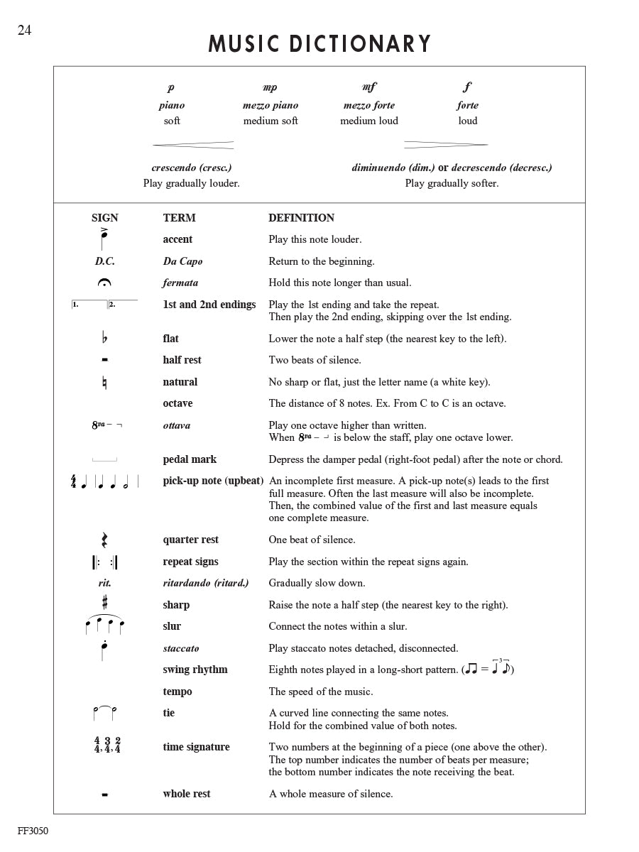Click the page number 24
point(25,30)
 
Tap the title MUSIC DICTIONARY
point(319,44)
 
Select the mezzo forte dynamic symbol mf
point(369,87)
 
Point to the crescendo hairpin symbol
point(193,145)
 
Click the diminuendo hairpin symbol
point(446,145)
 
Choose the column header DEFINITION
point(301,218)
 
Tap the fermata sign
point(104,283)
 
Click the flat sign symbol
point(104,338)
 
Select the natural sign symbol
point(104,383)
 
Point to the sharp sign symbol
point(104,603)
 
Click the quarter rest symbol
point(104,540)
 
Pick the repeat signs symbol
point(104,562)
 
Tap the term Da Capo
point(182,261)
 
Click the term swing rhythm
point(195,670)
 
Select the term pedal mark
point(190,459)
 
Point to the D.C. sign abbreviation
point(104,261)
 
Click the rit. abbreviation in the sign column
point(104,584)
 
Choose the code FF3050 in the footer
point(33,831)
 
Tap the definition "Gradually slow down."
point(317,583)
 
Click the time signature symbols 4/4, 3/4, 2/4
point(107,745)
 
